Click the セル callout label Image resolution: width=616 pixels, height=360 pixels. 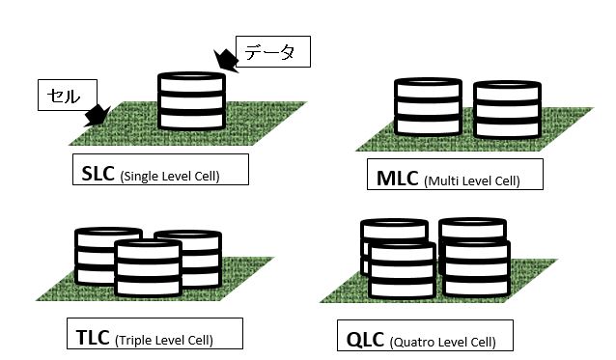[x=60, y=96]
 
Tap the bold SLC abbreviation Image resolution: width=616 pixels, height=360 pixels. [x=98, y=174]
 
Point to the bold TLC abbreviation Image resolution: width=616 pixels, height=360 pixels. [x=94, y=338]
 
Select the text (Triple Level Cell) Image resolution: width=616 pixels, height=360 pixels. [x=164, y=340]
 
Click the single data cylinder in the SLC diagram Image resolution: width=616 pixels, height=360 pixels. [x=192, y=100]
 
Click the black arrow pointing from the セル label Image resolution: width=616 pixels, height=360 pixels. [x=97, y=117]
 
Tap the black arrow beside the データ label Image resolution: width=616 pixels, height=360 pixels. [x=224, y=60]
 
